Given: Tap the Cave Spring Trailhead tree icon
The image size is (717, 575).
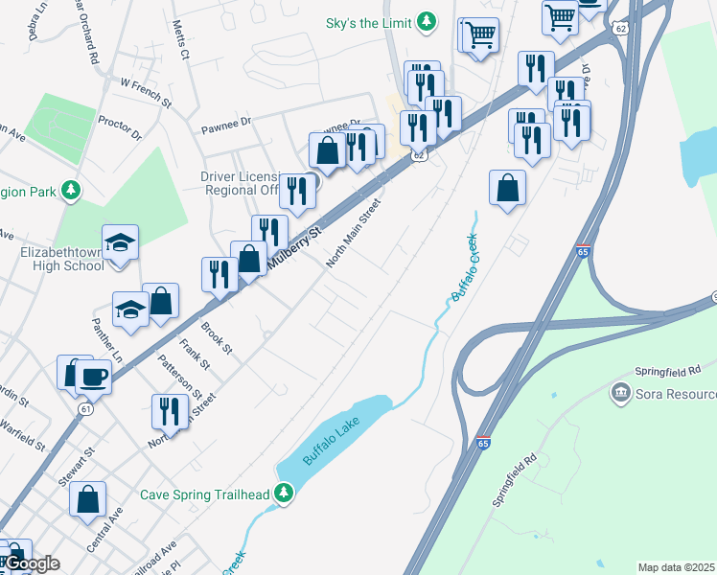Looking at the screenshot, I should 283,494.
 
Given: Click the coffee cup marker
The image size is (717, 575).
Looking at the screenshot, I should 93,375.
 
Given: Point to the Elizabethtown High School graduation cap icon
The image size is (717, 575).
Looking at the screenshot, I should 121,242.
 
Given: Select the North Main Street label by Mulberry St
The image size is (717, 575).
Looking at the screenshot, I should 353,234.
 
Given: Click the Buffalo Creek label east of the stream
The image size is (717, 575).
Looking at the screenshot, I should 466,267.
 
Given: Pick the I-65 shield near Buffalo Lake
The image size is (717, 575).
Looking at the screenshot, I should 484,444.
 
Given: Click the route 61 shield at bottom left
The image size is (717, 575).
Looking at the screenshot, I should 86,409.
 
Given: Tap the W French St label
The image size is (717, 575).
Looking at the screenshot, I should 146,92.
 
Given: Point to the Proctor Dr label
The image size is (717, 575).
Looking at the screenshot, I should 119,127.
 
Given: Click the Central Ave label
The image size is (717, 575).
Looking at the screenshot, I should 104,530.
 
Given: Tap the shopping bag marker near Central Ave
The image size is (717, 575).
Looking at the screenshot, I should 88,498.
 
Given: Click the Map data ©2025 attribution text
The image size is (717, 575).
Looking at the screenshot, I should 677,567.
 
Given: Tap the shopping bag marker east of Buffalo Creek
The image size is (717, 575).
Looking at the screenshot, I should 507,188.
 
